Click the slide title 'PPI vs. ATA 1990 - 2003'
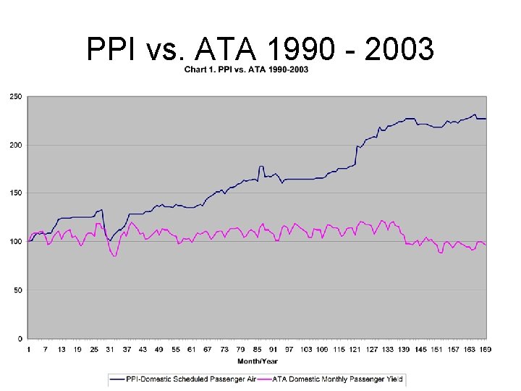point(260,50)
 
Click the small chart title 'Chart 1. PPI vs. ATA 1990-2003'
point(246,70)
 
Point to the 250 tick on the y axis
point(14,96)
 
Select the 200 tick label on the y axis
point(14,145)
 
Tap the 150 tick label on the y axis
point(14,193)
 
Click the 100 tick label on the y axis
point(14,242)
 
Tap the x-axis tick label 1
point(28,349)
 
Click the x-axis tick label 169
point(486,349)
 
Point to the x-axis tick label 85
point(257,349)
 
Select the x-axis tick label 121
point(355,349)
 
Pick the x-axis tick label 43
point(143,349)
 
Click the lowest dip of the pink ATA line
point(114,256)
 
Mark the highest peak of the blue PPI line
point(475,114)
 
